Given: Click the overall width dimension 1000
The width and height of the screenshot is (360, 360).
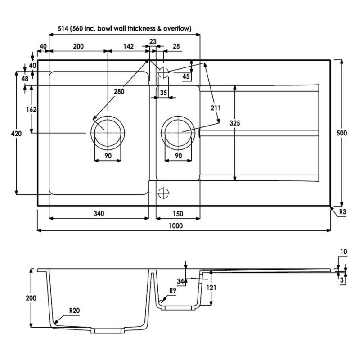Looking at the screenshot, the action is (176, 226).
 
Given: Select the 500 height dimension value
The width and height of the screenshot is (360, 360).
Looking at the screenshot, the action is (342, 133).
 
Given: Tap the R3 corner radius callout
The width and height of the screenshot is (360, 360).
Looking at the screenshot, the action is (342, 211).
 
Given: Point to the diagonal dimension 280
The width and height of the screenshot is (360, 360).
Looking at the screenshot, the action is (119, 91).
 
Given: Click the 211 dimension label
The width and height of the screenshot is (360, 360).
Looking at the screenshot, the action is (216, 108).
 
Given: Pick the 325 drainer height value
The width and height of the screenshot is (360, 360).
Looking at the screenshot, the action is (235, 123).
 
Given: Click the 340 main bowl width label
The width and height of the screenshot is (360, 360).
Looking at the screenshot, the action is (99, 213).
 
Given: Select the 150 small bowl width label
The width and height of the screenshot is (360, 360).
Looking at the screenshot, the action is (178, 214).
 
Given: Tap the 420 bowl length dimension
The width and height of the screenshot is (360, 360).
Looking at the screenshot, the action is (16, 133).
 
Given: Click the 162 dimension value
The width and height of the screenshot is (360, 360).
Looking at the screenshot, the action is (31, 109).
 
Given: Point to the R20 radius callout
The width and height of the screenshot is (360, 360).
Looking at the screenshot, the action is (74, 310).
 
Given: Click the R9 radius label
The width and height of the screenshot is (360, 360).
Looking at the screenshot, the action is (173, 290).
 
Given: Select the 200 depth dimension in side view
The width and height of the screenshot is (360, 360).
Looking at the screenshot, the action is (31, 298).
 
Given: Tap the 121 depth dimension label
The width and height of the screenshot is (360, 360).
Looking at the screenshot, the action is (211, 287).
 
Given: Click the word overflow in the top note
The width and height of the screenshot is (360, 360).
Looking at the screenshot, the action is (177, 28).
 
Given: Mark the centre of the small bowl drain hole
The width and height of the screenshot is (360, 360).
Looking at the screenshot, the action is (178, 133).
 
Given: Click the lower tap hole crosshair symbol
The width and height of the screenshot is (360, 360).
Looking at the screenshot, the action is (163, 193).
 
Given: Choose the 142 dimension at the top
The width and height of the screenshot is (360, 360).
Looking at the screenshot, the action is (128, 46).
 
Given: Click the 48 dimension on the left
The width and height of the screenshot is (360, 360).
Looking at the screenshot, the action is (25, 79).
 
